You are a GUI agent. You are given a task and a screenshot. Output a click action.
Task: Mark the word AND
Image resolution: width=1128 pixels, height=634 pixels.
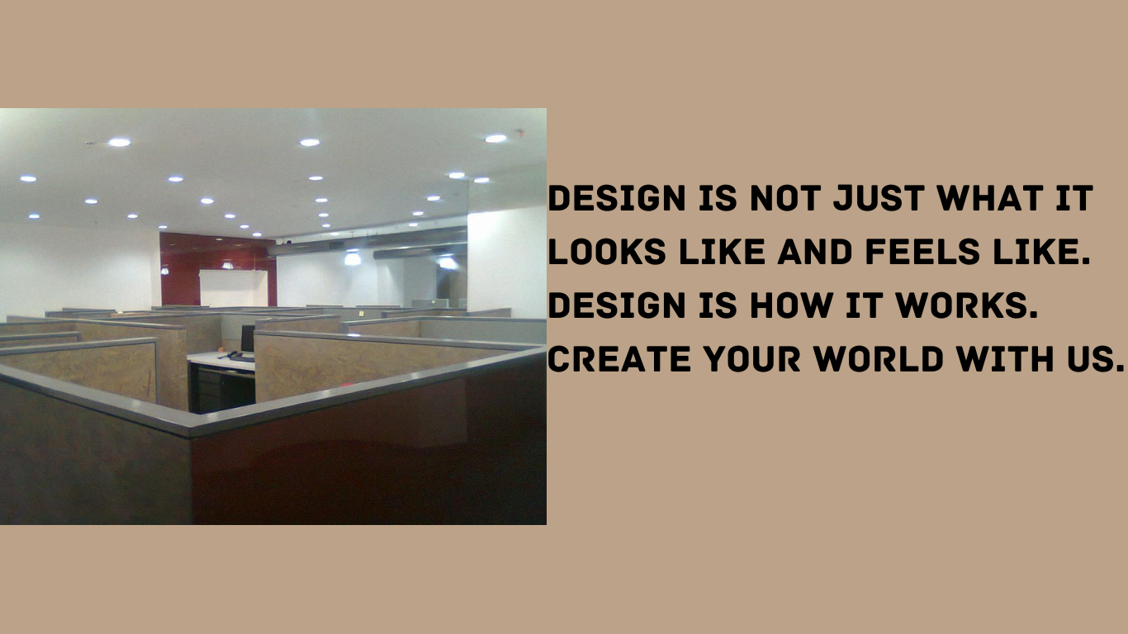(x=818, y=253)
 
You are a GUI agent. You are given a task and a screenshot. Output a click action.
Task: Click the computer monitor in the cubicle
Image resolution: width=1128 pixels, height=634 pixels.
(x=247, y=338)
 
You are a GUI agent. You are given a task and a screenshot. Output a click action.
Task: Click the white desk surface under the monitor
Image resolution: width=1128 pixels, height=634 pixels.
(x=216, y=359)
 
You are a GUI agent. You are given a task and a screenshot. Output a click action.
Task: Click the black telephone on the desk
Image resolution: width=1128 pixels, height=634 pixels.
(x=241, y=357)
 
